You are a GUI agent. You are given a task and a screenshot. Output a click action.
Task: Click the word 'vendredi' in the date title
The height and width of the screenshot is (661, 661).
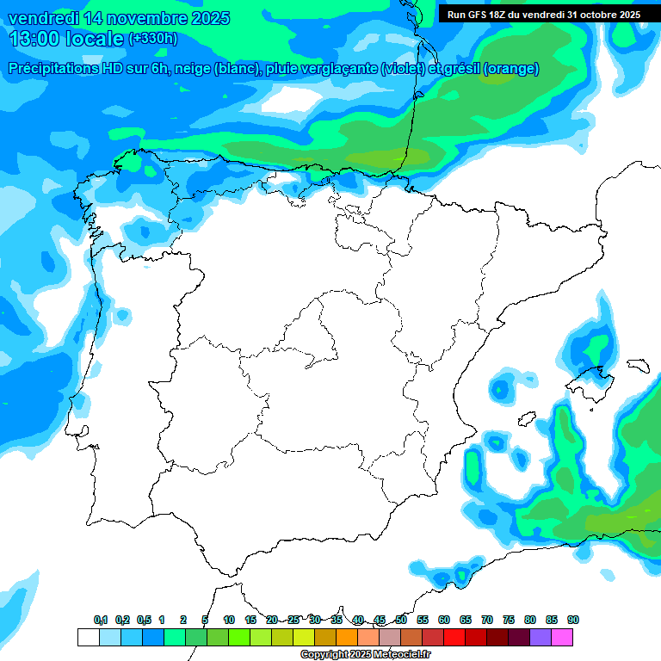(42, 18)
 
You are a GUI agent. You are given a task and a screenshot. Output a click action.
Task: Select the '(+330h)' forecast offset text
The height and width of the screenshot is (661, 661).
(152, 39)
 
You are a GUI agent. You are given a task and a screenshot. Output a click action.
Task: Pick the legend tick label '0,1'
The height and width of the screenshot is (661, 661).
(101, 621)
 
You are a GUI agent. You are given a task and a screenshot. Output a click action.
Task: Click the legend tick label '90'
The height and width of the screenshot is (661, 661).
(573, 621)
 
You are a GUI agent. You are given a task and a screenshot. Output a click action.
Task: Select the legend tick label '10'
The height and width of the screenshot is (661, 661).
(229, 621)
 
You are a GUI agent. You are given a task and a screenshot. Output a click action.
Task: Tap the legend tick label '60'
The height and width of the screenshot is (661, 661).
(444, 621)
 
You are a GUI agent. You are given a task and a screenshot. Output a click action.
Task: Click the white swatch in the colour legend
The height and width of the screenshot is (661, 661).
(88, 637)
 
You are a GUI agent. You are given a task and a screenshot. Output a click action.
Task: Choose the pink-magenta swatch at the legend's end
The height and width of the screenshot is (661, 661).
(562, 637)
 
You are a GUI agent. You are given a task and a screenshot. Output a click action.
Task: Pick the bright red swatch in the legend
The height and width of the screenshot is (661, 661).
(454, 637)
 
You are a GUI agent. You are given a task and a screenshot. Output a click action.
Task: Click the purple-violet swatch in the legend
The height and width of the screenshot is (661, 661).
(541, 637)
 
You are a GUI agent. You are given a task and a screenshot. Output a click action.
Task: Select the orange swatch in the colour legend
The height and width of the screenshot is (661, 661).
(347, 637)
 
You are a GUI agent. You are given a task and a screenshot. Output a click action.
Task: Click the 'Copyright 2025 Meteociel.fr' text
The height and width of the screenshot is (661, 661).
(365, 655)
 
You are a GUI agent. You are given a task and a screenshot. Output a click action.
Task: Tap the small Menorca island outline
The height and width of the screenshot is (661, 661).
(638, 365)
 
